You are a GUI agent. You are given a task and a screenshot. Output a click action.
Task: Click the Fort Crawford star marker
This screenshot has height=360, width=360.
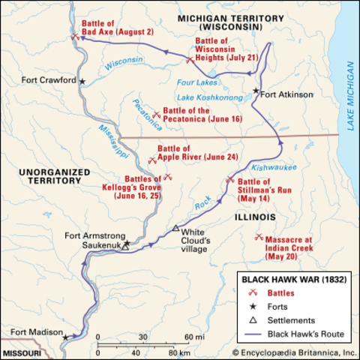(x=82, y=81)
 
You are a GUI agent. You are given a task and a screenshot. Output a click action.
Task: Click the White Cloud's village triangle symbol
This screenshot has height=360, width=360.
(x=176, y=227)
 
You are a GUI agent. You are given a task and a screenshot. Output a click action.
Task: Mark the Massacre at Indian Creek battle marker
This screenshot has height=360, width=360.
(x=258, y=237)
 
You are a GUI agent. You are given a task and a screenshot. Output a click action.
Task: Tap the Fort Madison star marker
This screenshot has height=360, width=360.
(x=65, y=337)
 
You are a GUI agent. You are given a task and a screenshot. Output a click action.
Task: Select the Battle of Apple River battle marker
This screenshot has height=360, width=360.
(x=152, y=158)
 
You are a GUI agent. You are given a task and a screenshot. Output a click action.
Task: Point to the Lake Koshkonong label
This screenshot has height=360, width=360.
(x=209, y=97)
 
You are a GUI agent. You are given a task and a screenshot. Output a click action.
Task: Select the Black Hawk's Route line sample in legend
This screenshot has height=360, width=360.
(x=254, y=334)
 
